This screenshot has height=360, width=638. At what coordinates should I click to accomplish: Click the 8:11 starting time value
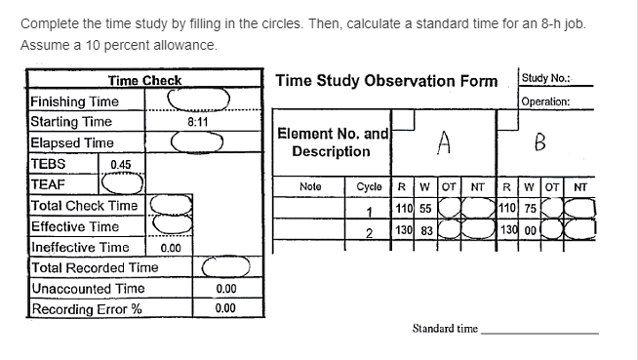coord(196,122)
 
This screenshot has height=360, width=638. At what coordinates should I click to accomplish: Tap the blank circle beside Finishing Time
coord(198,99)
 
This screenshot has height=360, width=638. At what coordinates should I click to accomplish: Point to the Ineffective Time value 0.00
coord(171,248)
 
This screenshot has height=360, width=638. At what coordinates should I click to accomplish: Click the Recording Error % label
coord(87,309)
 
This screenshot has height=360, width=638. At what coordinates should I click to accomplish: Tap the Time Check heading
coord(144,80)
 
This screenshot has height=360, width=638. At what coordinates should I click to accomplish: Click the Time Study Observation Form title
coord(386,80)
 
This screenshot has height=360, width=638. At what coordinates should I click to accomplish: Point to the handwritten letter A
coord(443,144)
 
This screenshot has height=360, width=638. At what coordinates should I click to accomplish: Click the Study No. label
coord(546,78)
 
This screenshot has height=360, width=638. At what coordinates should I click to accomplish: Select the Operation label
coord(545,101)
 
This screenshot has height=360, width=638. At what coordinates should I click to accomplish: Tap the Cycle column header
coord(370,186)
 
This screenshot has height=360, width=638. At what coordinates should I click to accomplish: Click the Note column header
coord(310,186)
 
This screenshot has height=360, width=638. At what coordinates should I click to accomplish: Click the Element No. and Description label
coord(334,143)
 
